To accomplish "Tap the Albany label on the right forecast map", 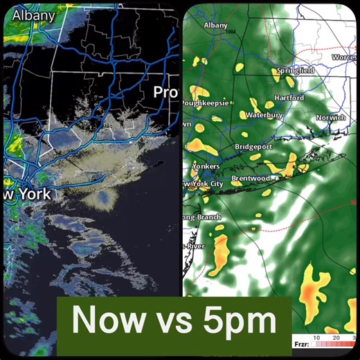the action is (215, 26).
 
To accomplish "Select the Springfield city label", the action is (296, 71).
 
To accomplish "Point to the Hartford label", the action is (288, 98).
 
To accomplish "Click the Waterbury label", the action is (265, 115).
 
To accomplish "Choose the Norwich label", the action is (330, 118).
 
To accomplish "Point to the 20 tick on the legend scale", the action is (335, 337).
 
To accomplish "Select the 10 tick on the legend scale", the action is (316, 337).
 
